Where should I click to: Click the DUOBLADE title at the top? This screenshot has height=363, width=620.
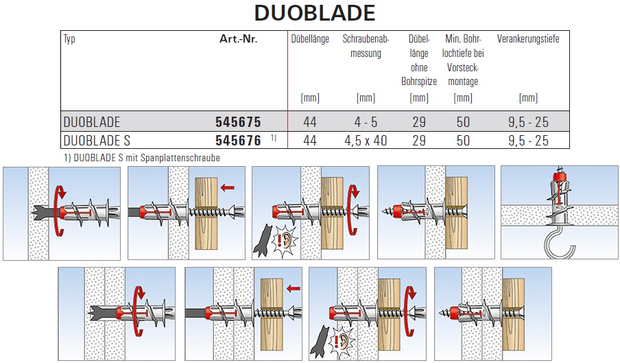click(315, 13)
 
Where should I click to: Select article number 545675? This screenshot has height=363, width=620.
click(238, 121)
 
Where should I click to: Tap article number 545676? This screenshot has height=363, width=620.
click(238, 141)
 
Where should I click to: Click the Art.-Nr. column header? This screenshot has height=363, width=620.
click(239, 38)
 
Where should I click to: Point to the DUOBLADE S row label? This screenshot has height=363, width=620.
click(97, 141)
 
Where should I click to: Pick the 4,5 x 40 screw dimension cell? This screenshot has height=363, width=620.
click(366, 141)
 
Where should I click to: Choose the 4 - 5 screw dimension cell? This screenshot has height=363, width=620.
click(366, 121)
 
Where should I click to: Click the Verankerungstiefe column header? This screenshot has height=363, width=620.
click(528, 38)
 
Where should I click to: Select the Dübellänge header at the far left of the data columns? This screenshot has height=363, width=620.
click(310, 38)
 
